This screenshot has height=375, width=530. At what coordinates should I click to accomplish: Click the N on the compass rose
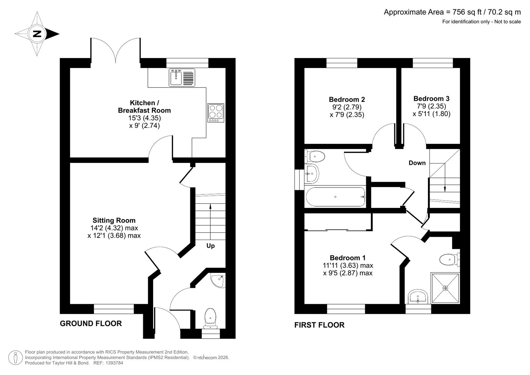click(37, 34)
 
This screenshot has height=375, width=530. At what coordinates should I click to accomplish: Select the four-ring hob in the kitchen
click(216, 113)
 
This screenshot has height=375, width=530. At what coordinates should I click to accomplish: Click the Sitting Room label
click(114, 220)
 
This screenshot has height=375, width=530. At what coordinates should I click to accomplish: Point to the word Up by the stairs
click(211, 246)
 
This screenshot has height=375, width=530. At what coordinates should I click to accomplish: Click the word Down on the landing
click(417, 163)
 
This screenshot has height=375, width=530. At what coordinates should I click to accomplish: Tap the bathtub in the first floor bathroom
click(336, 197)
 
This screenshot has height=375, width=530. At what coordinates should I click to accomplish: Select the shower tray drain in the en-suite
click(446, 288)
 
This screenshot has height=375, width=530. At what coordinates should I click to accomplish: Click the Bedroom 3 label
click(431, 99)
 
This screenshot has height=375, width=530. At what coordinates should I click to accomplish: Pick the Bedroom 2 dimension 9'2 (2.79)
click(347, 107)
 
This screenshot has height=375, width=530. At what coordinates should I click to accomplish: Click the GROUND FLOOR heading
click(91, 323)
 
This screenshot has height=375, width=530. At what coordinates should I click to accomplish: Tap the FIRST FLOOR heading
click(319, 325)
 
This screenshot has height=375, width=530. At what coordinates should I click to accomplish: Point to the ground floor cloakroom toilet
click(210, 318)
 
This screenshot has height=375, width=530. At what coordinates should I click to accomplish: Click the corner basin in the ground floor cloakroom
click(218, 280)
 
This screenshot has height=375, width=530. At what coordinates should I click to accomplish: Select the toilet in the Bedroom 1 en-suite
click(449, 260)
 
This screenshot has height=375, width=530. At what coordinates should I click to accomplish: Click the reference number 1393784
click(114, 363)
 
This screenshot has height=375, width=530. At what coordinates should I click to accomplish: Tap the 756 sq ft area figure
click(467, 12)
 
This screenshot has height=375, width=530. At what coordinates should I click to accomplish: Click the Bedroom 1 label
click(347, 258)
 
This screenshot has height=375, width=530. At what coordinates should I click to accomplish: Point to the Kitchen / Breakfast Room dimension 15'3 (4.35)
click(145, 118)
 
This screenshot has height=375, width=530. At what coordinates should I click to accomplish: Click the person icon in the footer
click(16, 358)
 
